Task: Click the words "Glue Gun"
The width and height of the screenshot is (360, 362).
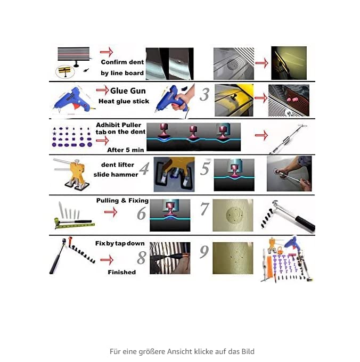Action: [x=128, y=91]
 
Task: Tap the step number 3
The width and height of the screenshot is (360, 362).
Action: [x=204, y=95]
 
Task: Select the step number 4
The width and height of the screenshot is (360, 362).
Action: [x=144, y=169]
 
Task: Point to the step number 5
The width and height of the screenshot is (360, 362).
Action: [x=205, y=168]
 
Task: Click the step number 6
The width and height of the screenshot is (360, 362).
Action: [x=141, y=213]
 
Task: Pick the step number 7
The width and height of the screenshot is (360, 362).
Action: [x=204, y=209]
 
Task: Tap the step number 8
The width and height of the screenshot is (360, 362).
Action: [x=141, y=258]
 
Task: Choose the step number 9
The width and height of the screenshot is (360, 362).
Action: [x=204, y=252]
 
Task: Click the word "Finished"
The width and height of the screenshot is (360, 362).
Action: [x=122, y=272]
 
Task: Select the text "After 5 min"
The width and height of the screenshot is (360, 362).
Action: [x=125, y=150]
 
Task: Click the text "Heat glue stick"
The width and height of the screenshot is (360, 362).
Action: [x=124, y=101]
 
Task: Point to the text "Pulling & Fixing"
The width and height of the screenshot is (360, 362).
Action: [x=122, y=201]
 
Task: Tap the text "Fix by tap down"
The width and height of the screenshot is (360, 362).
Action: [x=120, y=243]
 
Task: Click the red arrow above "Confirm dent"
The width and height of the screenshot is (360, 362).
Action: [x=107, y=52]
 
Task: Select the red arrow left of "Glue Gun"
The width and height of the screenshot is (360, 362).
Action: [x=103, y=90]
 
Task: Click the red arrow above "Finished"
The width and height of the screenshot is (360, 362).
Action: [x=107, y=260]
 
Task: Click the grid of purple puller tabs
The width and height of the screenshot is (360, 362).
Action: [x=72, y=137]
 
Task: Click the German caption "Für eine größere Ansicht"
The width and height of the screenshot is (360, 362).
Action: [x=182, y=351]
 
